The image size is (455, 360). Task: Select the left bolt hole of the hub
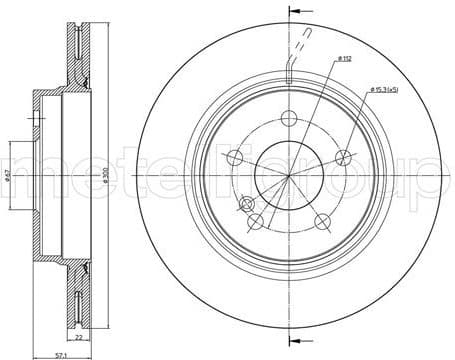tap(235, 158)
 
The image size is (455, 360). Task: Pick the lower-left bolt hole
tap(255, 220)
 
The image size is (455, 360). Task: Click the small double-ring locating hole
tap(245, 204)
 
